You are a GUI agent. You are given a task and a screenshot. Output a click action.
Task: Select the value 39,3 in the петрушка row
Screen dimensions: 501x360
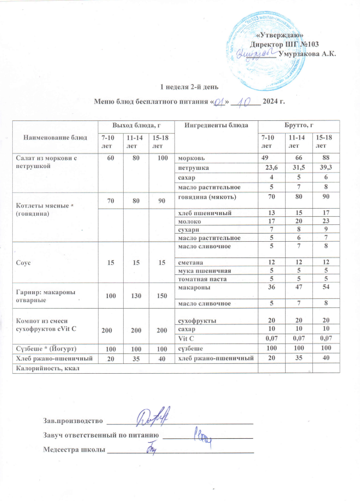[x=322, y=168]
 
